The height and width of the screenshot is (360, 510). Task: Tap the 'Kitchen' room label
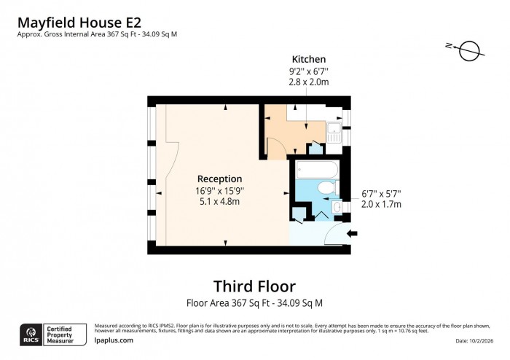point(308,59)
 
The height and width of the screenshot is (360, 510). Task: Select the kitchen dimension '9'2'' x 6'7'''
point(308,71)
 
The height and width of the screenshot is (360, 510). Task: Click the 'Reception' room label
point(219,179)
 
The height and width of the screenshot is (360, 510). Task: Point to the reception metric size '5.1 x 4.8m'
point(219,201)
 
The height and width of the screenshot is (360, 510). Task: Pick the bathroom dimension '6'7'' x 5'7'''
point(381,193)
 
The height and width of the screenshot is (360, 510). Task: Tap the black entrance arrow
point(353,234)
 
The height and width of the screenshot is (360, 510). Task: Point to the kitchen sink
point(334,133)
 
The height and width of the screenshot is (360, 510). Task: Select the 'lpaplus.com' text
point(114,340)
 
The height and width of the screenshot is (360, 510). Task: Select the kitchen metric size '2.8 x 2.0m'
point(308,83)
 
